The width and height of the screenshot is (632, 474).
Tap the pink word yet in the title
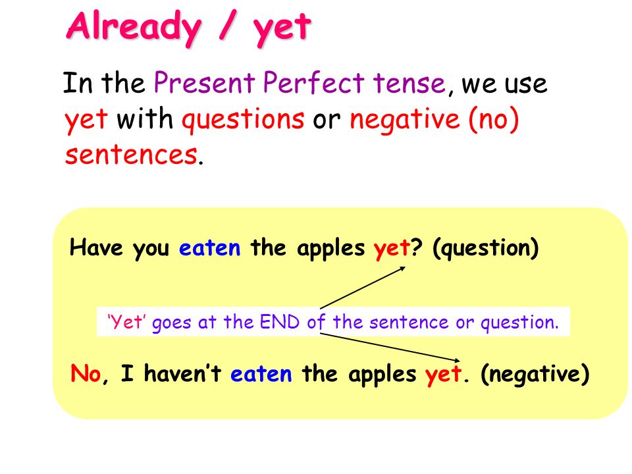click(282, 29)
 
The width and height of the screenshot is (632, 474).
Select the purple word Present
click(204, 83)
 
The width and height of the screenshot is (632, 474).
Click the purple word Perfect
click(313, 82)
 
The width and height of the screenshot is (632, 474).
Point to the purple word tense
click(409, 84)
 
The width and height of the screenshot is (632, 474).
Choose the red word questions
click(243, 120)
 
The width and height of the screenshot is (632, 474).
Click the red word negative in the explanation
click(405, 120)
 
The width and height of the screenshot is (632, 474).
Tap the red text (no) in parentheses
click(494, 120)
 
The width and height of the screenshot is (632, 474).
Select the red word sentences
click(131, 155)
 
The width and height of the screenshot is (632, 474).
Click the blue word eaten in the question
click(209, 248)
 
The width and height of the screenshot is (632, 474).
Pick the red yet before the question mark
click(391, 249)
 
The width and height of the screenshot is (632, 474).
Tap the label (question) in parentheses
click(485, 248)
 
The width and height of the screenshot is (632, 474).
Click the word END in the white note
click(280, 322)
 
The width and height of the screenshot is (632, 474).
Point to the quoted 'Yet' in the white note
click(126, 322)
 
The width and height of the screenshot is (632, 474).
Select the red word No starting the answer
click(86, 373)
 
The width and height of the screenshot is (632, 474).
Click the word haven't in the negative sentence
click(182, 373)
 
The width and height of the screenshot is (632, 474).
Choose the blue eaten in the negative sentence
click(261, 374)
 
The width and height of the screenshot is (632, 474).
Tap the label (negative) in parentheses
click(535, 374)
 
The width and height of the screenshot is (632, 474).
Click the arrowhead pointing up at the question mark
click(402, 269)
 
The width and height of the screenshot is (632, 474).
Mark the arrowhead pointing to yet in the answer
click(456, 360)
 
